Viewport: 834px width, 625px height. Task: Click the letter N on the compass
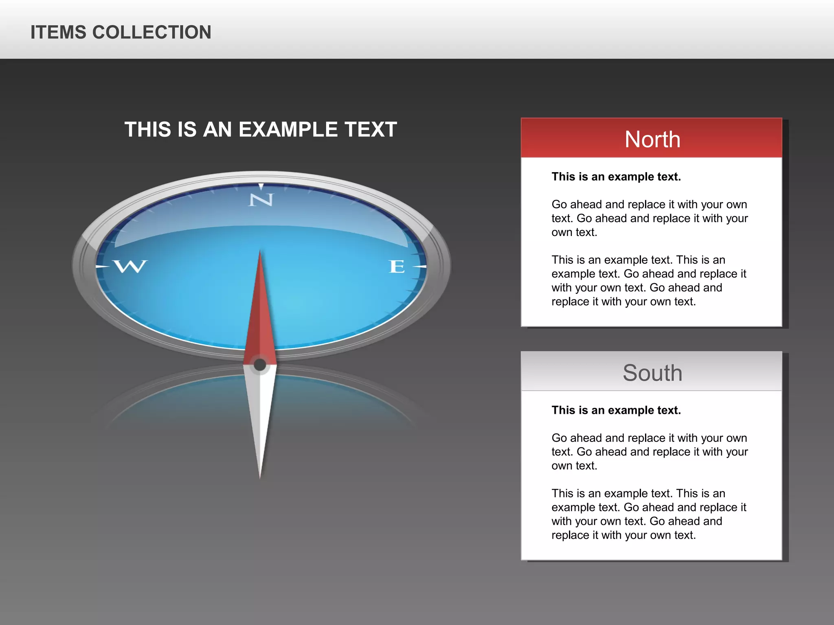coord(261,199)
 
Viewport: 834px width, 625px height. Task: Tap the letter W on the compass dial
coord(130,267)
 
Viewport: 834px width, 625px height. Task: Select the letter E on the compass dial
coord(397,267)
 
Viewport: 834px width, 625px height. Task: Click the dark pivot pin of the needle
coord(260,365)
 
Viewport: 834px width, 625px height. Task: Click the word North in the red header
coord(652,140)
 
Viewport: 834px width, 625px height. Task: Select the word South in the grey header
coord(652,373)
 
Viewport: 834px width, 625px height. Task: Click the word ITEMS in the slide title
coord(58,33)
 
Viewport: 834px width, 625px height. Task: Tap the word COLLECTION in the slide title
coord(152,33)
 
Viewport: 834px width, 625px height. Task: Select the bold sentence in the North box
coord(616,177)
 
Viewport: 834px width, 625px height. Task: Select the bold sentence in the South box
coord(616,410)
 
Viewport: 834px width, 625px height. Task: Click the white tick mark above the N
coord(261,186)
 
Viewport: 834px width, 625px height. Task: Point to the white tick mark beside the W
coord(102,267)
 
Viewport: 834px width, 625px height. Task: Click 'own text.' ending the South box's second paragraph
coord(574,465)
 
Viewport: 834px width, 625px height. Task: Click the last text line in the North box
coord(623,302)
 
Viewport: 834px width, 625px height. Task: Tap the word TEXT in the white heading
coord(370,129)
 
